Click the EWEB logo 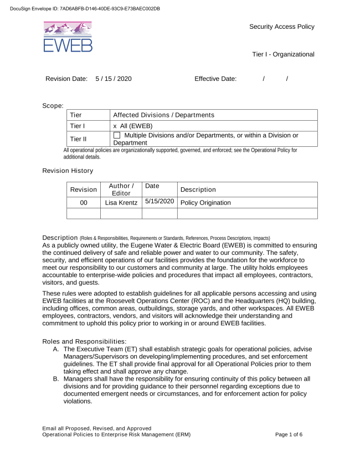click(68, 37)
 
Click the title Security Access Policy click(281, 27)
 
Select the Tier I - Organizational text click(283, 54)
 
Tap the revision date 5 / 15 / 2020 click(114, 79)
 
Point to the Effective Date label click(215, 79)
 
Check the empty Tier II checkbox click(117, 135)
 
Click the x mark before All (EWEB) click(115, 126)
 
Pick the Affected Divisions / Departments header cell click(163, 115)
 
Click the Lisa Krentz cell click(121, 203)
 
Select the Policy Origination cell click(205, 203)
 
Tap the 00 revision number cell click(84, 203)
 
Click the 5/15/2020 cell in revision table click(160, 202)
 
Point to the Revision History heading click(68, 171)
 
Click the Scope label click(53, 105)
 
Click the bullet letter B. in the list click(56, 378)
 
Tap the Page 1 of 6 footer click(289, 434)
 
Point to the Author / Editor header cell click(121, 190)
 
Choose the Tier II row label click(78, 139)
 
